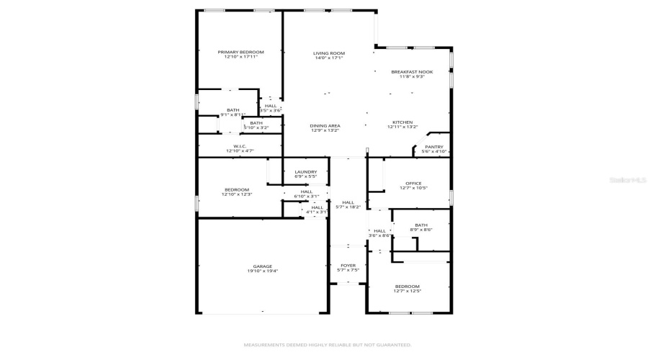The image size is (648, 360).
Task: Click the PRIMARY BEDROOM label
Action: pyautogui.click(x=241, y=52)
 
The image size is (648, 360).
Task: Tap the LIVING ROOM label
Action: pyautogui.click(x=329, y=53)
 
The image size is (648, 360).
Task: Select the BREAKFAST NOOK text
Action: pyautogui.click(x=412, y=72)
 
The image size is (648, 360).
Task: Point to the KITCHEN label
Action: pyautogui.click(x=402, y=122)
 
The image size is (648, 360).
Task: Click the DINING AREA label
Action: pyautogui.click(x=325, y=126)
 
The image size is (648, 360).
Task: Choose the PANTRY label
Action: pyautogui.click(x=433, y=147)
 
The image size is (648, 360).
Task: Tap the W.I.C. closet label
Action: pyautogui.click(x=240, y=147)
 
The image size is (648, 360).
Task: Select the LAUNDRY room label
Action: pyautogui.click(x=306, y=171)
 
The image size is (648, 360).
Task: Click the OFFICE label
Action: pyautogui.click(x=413, y=183)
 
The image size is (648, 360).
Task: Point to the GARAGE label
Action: pyautogui.click(x=262, y=266)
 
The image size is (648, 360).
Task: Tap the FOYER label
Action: pyautogui.click(x=348, y=266)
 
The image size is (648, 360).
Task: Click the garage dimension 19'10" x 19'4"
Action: pyautogui.click(x=262, y=271)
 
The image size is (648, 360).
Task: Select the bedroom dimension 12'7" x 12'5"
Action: pyautogui.click(x=407, y=291)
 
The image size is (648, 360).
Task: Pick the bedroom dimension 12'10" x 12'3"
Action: pyautogui.click(x=236, y=194)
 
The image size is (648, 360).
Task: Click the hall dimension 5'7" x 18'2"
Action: pyautogui.click(x=348, y=207)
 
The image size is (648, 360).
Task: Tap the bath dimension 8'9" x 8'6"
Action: pyautogui.click(x=420, y=230)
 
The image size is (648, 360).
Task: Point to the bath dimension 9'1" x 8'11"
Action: pyautogui.click(x=233, y=114)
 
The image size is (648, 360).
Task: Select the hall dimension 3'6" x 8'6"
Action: pyautogui.click(x=379, y=235)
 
